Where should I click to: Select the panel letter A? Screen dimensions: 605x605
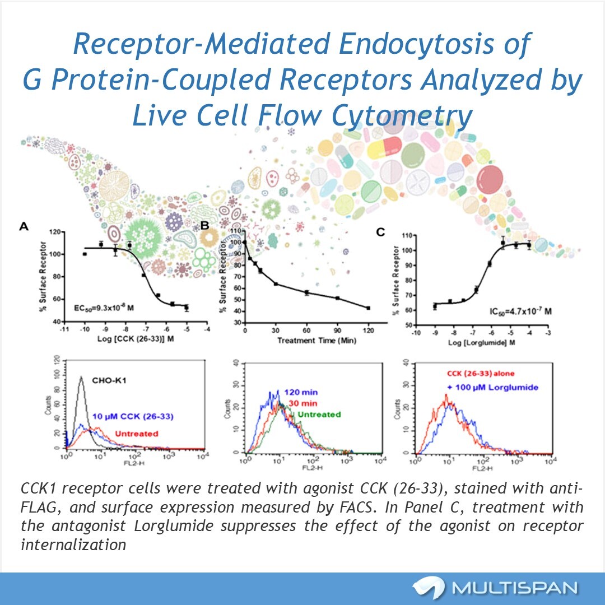24,226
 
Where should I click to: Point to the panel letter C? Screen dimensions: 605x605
380,231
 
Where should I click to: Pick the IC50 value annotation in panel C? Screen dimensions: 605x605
519,310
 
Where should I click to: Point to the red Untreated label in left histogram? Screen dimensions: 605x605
136,433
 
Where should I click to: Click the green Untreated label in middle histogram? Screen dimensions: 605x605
319,415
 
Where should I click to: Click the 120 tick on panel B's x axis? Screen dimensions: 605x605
368,331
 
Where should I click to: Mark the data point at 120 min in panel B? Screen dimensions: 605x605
368,308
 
